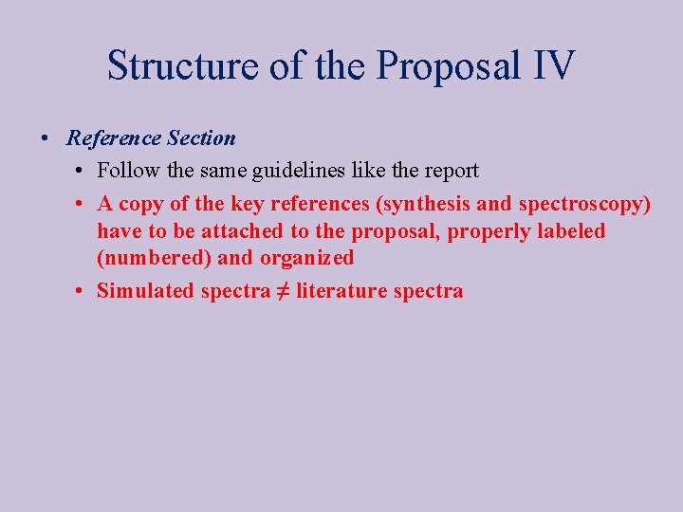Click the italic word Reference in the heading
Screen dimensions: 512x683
click(114, 138)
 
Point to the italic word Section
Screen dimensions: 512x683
click(201, 138)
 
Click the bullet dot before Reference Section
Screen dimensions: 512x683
click(46, 138)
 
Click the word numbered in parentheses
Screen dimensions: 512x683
click(155, 258)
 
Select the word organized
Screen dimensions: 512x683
click(305, 258)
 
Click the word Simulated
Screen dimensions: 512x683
click(145, 291)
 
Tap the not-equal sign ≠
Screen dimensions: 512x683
click(283, 291)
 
